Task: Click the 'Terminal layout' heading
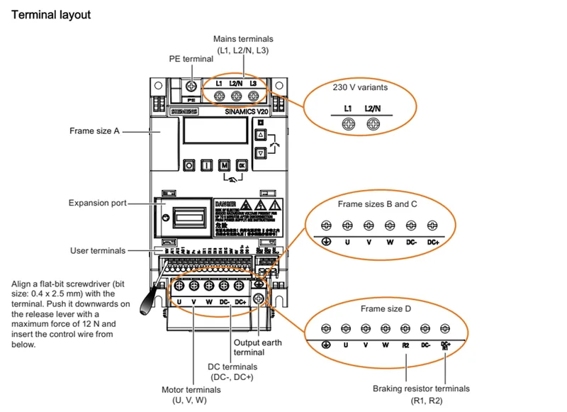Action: click(x=51, y=14)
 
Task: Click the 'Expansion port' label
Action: click(x=97, y=203)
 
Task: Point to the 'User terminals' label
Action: click(x=98, y=250)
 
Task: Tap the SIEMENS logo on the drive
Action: click(x=185, y=113)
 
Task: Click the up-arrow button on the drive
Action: click(x=259, y=134)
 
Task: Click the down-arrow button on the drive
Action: click(x=259, y=152)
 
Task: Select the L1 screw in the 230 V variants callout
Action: click(x=348, y=123)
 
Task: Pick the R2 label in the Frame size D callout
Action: click(x=405, y=345)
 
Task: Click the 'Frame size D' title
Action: click(x=385, y=309)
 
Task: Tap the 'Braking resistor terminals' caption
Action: click(x=421, y=389)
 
